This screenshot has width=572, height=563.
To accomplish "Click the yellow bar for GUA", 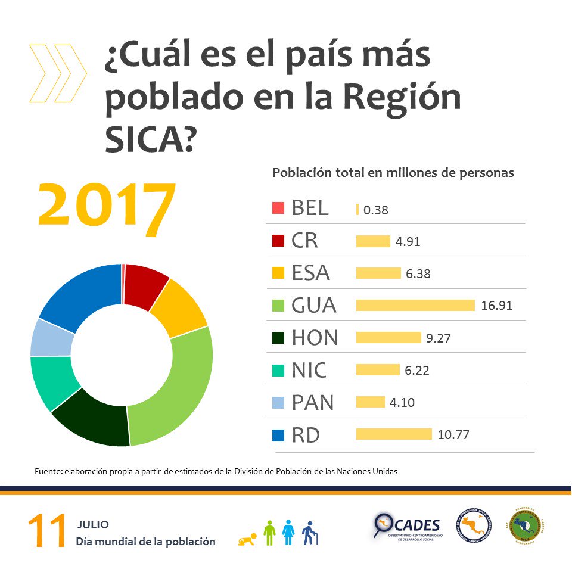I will pos(415,305).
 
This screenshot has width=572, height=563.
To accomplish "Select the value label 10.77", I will pos(453,435).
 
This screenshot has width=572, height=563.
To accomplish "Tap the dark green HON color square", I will pos(278,337).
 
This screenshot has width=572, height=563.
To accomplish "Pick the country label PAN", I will pos(313,403).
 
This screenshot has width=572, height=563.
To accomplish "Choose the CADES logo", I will pos(408,527).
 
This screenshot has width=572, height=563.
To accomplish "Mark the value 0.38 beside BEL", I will pos(376,210).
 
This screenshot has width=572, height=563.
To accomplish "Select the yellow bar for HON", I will pos(388,338).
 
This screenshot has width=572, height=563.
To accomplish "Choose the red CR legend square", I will pos(278,241).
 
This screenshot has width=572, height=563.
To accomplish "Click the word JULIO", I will pos(93,525).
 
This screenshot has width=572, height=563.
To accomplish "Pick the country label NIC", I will pos(309,370).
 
